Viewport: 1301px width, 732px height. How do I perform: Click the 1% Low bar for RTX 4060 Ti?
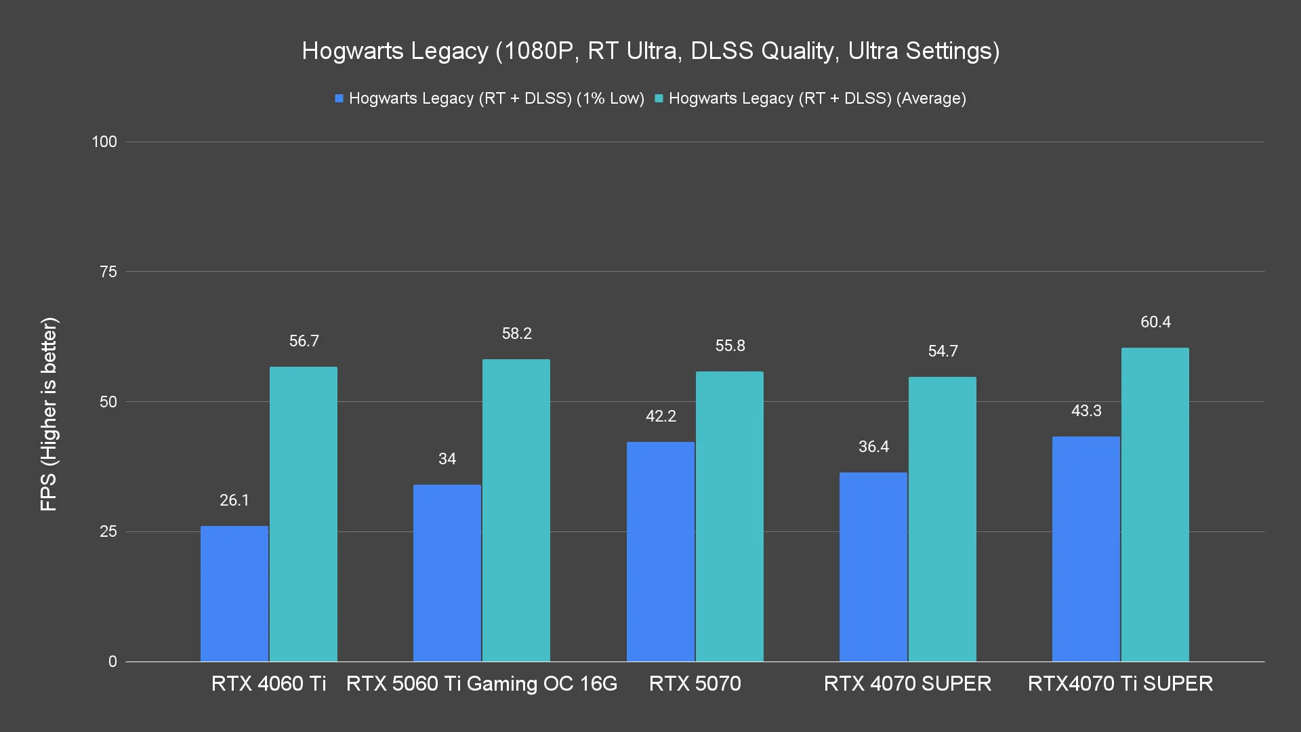click(x=234, y=594)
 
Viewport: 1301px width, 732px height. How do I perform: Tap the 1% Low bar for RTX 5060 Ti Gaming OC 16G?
click(x=447, y=573)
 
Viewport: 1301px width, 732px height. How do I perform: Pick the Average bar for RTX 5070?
click(x=729, y=516)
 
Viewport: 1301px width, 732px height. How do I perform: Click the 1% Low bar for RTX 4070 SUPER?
click(x=873, y=567)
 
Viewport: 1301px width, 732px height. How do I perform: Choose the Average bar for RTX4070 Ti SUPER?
click(x=1155, y=504)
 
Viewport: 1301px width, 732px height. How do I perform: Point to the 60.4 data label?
click(x=1155, y=322)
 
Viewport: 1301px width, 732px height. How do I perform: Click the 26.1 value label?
click(x=234, y=500)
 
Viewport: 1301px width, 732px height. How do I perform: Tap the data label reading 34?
click(x=447, y=459)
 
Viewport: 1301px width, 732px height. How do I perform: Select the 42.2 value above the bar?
click(x=661, y=416)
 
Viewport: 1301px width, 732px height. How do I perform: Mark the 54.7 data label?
click(x=943, y=351)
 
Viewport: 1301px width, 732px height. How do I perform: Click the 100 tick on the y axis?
click(x=104, y=142)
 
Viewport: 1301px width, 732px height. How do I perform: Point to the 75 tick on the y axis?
click(x=108, y=272)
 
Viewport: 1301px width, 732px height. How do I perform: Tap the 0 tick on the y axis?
click(x=112, y=662)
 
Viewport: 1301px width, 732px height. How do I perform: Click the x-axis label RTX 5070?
click(x=695, y=683)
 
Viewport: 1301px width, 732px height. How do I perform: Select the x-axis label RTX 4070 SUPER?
click(x=907, y=683)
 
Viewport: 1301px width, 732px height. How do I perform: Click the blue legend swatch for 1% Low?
click(x=339, y=98)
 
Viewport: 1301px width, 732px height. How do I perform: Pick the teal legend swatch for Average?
click(x=659, y=98)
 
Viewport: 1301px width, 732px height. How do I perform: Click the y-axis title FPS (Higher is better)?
click(x=49, y=413)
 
